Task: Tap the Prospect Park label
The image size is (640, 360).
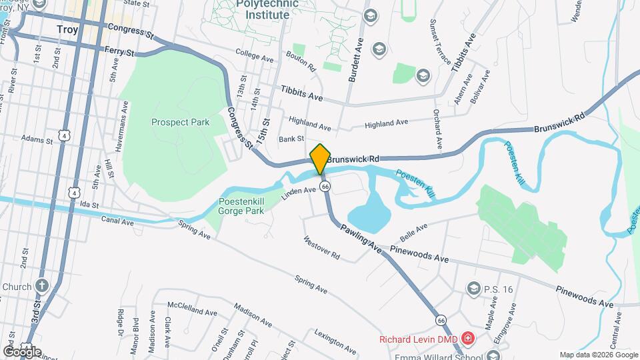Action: pyautogui.click(x=180, y=122)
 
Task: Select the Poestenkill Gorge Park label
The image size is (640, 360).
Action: pyautogui.click(x=241, y=207)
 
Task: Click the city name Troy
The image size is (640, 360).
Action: pyautogui.click(x=67, y=29)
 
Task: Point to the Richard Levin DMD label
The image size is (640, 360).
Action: pyautogui.click(x=418, y=339)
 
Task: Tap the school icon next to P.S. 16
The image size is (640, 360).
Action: pyautogui.click(x=473, y=289)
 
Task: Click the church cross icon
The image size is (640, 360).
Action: pyautogui.click(x=42, y=287)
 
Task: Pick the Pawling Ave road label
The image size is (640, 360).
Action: pyautogui.click(x=360, y=238)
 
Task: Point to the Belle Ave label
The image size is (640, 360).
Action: pyautogui.click(x=413, y=233)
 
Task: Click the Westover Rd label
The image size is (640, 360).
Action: pyautogui.click(x=321, y=248)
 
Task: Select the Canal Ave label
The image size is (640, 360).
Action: pyautogui.click(x=117, y=219)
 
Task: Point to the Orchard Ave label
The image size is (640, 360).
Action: pyautogui.click(x=438, y=129)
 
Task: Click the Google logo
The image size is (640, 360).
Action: pyautogui.click(x=22, y=351)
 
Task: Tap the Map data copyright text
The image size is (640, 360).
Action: pyautogui.click(x=598, y=355)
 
